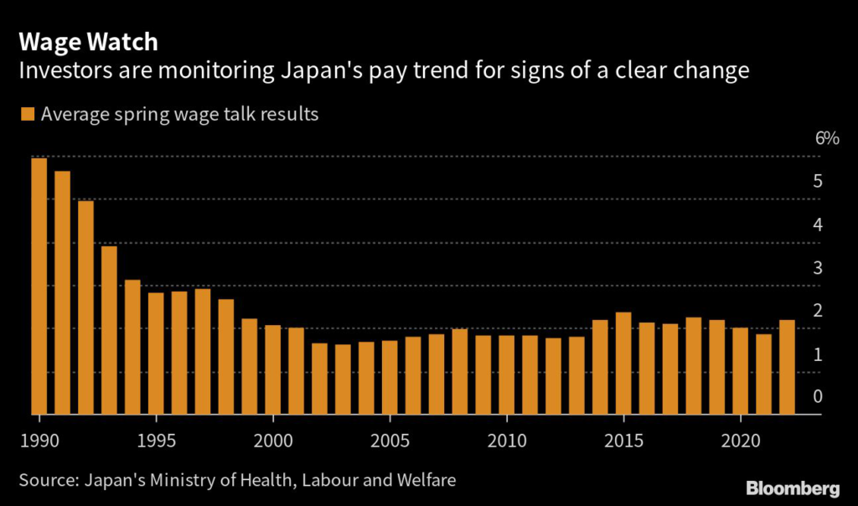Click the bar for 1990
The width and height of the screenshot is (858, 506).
coord(39,286)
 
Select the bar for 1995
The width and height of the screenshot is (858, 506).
coord(156,353)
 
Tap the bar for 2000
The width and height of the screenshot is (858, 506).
coord(272,369)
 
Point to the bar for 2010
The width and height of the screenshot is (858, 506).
coord(506,374)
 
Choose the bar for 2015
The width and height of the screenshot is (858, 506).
coord(623,363)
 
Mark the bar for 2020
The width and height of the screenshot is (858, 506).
coord(740,370)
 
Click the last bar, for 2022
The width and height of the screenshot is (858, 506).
coord(787,367)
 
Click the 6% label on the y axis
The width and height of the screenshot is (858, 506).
coord(827,138)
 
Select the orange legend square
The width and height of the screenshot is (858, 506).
coord(26,114)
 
